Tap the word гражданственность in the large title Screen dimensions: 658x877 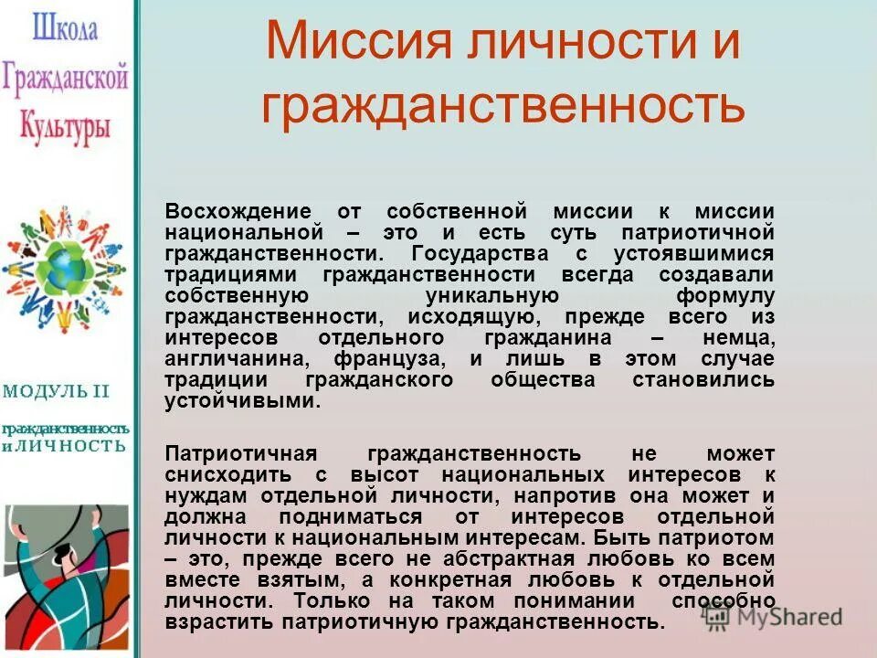click(503, 105)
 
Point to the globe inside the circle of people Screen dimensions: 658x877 click(65, 268)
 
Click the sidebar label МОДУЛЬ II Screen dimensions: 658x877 click(56, 392)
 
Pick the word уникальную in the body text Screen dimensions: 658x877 click(492, 295)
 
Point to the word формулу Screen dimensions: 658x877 click(725, 295)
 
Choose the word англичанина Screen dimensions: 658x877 click(238, 358)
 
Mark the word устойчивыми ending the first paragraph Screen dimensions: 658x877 click(242, 401)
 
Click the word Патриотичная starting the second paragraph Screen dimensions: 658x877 click(240, 454)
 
